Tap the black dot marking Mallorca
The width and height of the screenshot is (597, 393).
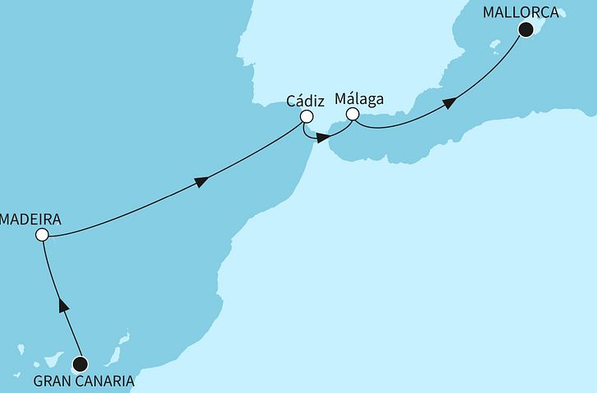[526, 30]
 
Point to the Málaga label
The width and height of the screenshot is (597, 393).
[359, 100]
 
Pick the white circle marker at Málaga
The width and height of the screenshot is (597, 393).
[353, 115]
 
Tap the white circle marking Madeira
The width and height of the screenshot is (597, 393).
[42, 235]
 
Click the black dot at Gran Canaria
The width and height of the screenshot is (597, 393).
[80, 364]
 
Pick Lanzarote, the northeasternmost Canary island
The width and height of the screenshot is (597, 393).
[126, 337]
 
